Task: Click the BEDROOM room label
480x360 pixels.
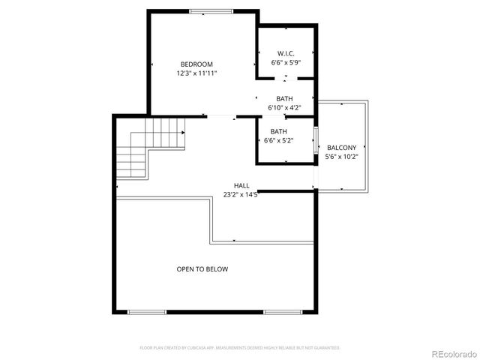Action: coord(196,64)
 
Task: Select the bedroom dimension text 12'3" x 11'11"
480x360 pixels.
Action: coord(196,73)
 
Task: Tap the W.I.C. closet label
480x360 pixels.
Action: coord(285,53)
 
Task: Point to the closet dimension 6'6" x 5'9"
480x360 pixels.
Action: coord(285,63)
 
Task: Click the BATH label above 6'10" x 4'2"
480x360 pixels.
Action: coord(284,99)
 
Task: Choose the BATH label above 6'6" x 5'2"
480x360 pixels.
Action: coord(279,131)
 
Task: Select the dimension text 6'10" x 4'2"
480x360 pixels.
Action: coord(285,108)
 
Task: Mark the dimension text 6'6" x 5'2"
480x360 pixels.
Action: coord(279,140)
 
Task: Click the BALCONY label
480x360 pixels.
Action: coord(341,148)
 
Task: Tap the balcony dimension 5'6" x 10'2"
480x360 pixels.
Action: coord(341,157)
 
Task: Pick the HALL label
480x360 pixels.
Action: coord(241,185)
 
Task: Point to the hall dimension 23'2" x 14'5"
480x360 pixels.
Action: coord(241,194)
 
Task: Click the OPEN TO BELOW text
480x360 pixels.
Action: coord(202,268)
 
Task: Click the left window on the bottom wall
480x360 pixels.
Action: coord(147,311)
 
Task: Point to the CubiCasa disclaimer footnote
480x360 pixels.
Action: coord(240,348)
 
